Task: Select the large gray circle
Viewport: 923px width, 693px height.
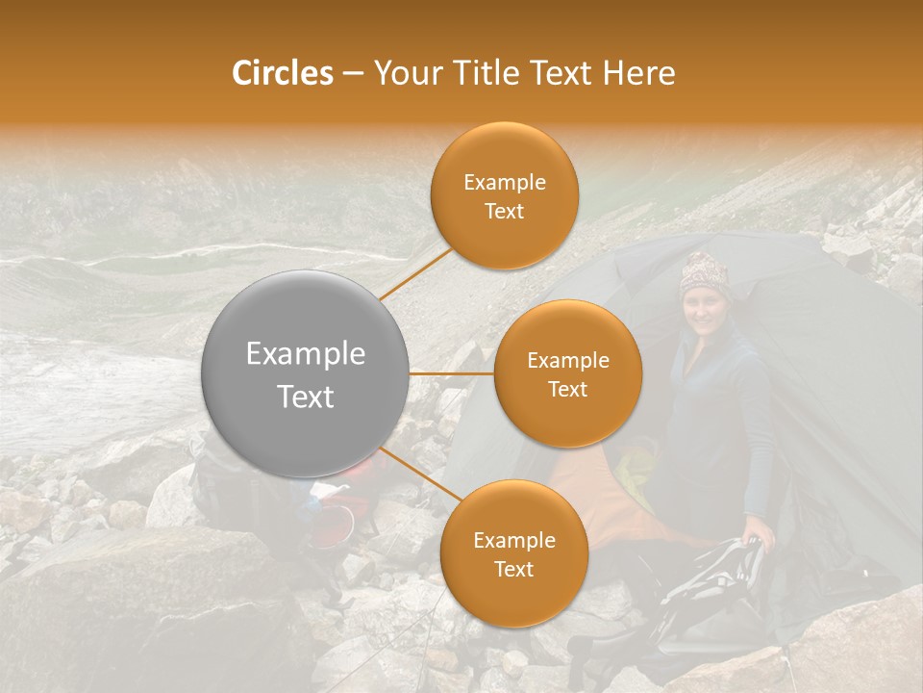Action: [305, 373]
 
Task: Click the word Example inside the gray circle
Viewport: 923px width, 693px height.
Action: [305, 354]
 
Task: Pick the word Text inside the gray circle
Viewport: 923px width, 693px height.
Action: [305, 397]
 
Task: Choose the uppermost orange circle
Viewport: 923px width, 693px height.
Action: [505, 196]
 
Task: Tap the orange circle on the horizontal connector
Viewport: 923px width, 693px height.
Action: [567, 373]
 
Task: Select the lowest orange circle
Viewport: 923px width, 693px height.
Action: [513, 553]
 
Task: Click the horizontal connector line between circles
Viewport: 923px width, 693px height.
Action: [452, 372]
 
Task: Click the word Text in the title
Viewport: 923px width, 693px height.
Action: [567, 73]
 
